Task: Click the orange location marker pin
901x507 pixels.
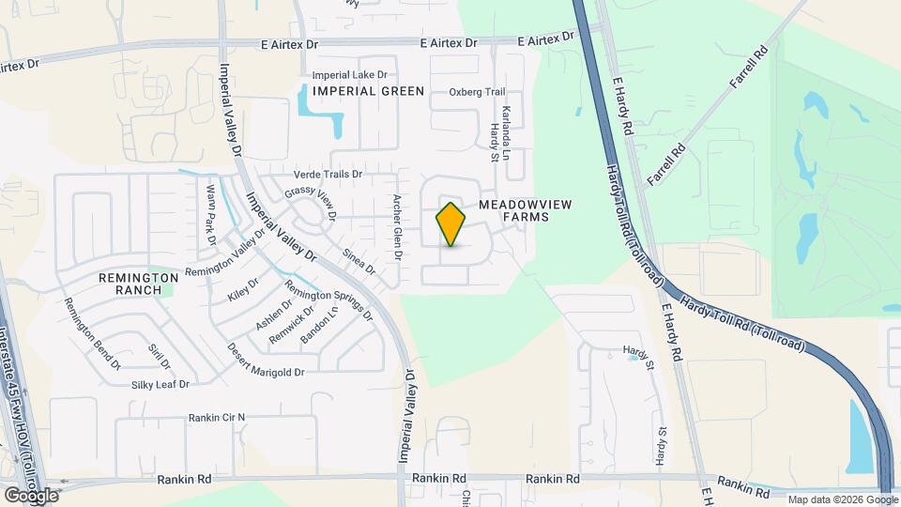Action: pyautogui.click(x=451, y=224)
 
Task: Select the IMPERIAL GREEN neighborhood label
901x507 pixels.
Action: pyautogui.click(x=368, y=91)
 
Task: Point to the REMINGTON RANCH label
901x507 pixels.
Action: pyautogui.click(x=139, y=284)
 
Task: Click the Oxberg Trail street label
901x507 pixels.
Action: pyautogui.click(x=477, y=92)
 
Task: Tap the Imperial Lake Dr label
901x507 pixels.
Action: pyautogui.click(x=349, y=74)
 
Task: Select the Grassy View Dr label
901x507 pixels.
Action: pyautogui.click(x=311, y=201)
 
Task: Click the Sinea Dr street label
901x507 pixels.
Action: pyautogui.click(x=359, y=261)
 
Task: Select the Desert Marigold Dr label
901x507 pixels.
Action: pyautogui.click(x=267, y=361)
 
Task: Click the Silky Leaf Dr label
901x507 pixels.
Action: pyautogui.click(x=160, y=385)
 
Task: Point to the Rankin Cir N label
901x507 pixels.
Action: pyautogui.click(x=216, y=417)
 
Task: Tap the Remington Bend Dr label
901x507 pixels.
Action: pyautogui.click(x=92, y=332)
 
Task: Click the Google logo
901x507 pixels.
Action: pyautogui.click(x=31, y=495)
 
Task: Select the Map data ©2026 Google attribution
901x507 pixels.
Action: pyautogui.click(x=842, y=499)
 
